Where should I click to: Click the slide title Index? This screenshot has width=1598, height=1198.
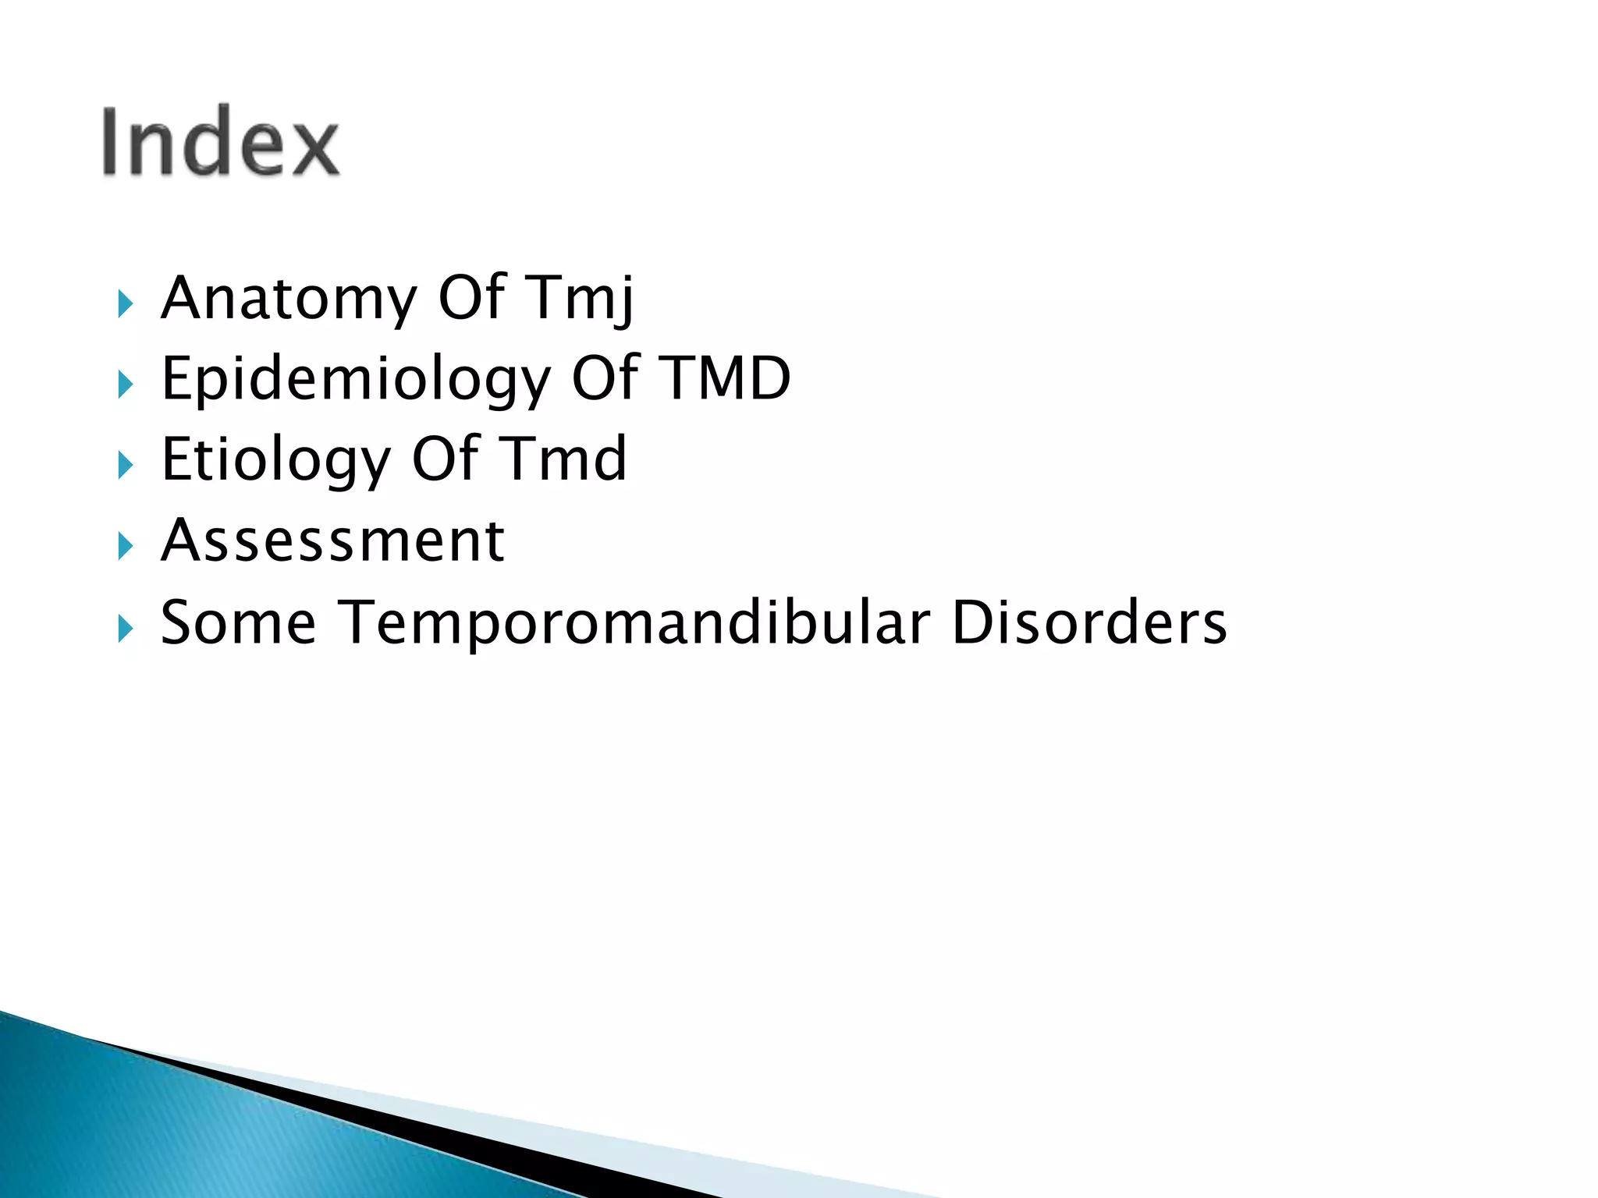pos(221,141)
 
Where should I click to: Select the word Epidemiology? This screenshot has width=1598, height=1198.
pos(355,380)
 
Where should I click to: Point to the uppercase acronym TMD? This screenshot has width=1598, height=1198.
pos(725,378)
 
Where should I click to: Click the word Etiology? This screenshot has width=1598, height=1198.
pos(275,461)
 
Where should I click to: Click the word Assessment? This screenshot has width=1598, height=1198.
pos(332,541)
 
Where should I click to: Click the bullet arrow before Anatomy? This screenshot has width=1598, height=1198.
pos(126,303)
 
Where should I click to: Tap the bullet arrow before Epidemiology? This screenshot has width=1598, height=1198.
pos(126,385)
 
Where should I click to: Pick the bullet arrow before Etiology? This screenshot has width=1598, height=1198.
pos(126,466)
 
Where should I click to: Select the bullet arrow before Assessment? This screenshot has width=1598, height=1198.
pos(126,546)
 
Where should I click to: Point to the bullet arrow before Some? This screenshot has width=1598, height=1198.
pos(126,628)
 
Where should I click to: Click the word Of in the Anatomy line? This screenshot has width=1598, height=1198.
pos(473,298)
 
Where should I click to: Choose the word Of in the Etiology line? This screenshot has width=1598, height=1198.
pos(446,459)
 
